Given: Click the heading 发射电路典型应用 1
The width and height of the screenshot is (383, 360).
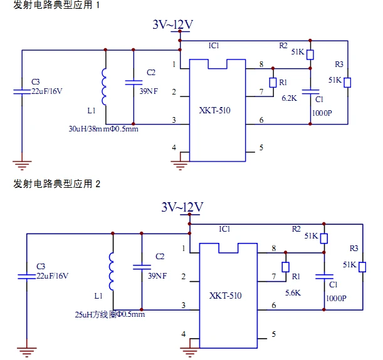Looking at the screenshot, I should [x=56, y=6].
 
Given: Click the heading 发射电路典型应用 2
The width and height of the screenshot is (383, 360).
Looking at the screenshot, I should [x=56, y=184].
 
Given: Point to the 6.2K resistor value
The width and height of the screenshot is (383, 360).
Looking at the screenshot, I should [x=289, y=98].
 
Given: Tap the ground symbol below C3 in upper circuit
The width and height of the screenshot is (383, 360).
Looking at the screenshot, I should [x=23, y=165].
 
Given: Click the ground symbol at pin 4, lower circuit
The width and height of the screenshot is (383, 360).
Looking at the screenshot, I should [x=189, y=351].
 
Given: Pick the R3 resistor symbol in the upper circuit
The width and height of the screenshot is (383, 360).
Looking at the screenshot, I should [x=348, y=82].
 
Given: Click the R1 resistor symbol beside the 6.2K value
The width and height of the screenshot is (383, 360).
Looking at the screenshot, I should [x=273, y=83].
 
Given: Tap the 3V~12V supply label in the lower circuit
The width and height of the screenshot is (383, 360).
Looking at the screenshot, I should [x=182, y=207].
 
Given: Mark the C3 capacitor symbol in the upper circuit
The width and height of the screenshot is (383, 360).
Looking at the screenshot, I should [x=23, y=91].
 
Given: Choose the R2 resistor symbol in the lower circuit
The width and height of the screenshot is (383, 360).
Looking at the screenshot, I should [x=324, y=238].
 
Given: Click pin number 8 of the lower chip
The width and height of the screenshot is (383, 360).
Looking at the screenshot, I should [x=273, y=249].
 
